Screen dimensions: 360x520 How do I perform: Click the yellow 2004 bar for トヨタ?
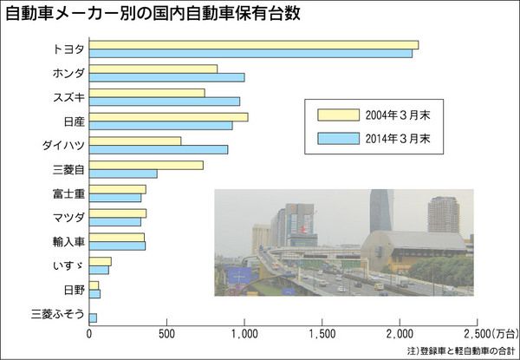(253, 45)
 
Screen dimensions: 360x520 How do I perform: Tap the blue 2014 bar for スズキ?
(164, 101)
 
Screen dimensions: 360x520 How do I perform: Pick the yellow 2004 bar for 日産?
(168, 116)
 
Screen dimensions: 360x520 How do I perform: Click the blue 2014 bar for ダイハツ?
(158, 149)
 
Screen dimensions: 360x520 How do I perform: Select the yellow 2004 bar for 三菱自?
(146, 165)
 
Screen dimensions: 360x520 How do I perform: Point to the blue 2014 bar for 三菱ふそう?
(93, 318)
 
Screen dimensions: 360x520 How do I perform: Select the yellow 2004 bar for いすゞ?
(101, 261)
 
